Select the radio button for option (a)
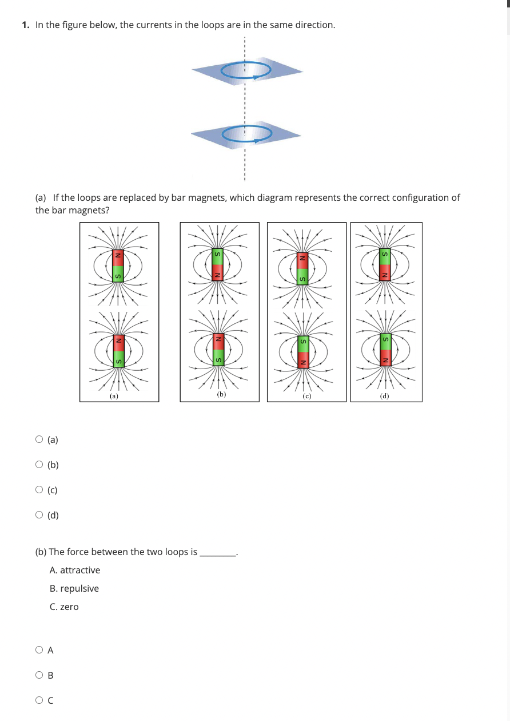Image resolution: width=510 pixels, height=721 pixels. [39, 439]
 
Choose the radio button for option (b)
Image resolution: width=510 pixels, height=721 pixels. [39, 465]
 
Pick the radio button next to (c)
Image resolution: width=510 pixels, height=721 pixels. [39, 490]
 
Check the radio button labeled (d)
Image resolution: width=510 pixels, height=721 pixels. [39, 515]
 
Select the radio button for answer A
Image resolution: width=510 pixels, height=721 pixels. [39, 650]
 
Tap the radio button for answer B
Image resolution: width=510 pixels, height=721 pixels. [39, 675]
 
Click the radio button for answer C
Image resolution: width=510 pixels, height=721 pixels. [39, 700]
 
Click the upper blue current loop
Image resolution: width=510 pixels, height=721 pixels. [246, 70]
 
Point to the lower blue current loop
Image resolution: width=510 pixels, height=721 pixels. [246, 134]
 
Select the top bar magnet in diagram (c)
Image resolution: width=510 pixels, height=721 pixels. [303, 268]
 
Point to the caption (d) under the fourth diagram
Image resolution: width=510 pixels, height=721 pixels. [385, 395]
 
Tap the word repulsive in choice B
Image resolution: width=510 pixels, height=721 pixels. [79, 588]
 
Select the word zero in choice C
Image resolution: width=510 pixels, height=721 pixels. [69, 607]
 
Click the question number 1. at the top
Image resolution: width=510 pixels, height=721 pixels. [26, 25]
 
